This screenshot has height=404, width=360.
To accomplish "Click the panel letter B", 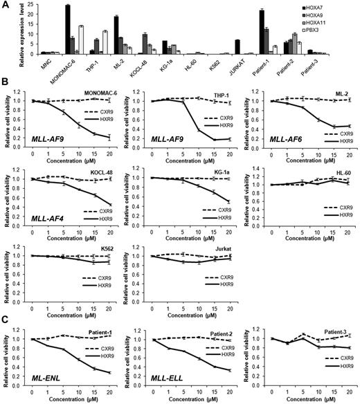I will tap(5, 82).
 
